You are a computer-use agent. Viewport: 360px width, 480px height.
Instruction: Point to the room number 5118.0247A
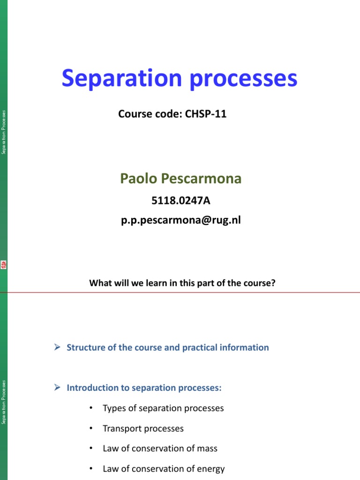pos(180,201)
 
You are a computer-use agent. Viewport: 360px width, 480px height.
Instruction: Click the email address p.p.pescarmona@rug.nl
pos(180,219)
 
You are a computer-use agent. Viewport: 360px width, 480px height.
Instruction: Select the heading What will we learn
pos(181,283)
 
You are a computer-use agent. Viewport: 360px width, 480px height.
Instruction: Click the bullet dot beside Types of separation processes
pos(90,408)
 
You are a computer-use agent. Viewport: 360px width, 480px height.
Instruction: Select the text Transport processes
pos(143,428)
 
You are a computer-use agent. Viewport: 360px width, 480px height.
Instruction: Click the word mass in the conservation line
pos(207,449)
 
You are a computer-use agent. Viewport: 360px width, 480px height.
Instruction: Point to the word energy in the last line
pos(211,469)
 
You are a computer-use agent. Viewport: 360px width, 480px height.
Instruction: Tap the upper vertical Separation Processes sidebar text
pos(4,132)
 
